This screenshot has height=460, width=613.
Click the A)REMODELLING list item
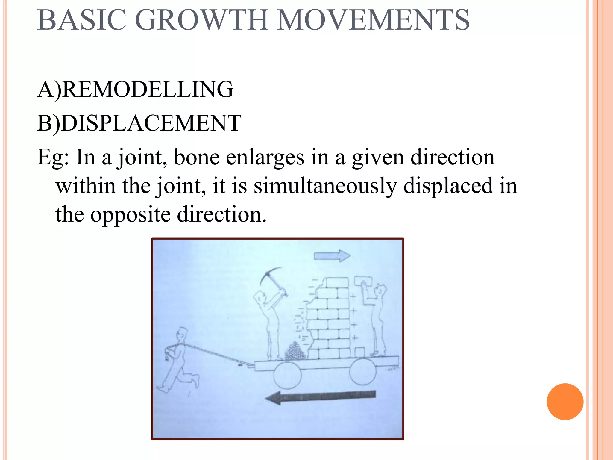[135, 89]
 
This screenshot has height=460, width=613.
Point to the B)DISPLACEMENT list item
[139, 123]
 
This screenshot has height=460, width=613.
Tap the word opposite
[131, 214]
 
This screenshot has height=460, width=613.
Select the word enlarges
[265, 157]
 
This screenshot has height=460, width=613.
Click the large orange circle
[565, 402]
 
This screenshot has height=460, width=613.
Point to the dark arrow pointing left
[320, 397]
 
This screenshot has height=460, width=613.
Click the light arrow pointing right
[332, 256]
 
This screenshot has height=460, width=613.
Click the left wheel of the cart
[287, 375]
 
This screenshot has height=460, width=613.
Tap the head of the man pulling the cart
[182, 334]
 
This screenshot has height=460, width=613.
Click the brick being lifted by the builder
[363, 281]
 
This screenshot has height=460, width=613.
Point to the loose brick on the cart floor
[359, 352]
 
